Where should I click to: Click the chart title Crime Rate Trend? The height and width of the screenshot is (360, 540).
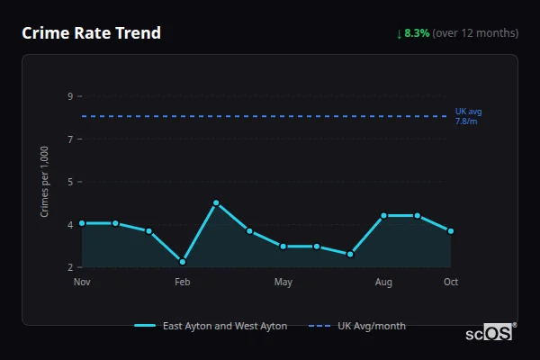pyautogui.click(x=91, y=33)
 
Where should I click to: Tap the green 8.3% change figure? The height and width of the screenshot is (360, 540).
pyautogui.click(x=418, y=33)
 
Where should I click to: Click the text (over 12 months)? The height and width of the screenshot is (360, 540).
pyautogui.click(x=475, y=33)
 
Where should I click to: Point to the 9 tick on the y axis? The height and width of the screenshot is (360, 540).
pyautogui.click(x=69, y=96)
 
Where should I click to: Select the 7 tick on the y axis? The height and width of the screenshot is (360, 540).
pyautogui.click(x=69, y=139)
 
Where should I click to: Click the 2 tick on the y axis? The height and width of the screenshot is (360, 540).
pyautogui.click(x=69, y=267)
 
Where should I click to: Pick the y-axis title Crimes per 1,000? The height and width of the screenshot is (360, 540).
pyautogui.click(x=44, y=182)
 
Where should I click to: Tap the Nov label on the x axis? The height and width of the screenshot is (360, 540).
pyautogui.click(x=82, y=283)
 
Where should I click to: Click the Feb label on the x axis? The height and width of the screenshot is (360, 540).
pyautogui.click(x=183, y=283)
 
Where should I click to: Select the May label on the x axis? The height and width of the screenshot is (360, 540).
pyautogui.click(x=283, y=283)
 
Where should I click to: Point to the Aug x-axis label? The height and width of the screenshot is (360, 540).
pyautogui.click(x=384, y=283)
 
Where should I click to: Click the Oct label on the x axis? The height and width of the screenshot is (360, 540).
pyautogui.click(x=451, y=283)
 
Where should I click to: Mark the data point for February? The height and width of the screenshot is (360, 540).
pyautogui.click(x=183, y=262)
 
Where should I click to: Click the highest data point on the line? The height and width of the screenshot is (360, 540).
pyautogui.click(x=216, y=203)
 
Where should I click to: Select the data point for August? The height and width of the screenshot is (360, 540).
pyautogui.click(x=384, y=216)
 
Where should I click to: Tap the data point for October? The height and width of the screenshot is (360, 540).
pyautogui.click(x=451, y=231)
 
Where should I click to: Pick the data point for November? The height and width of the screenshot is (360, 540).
pyautogui.click(x=82, y=223)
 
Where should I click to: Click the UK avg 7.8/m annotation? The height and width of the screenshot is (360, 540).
pyautogui.click(x=468, y=116)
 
